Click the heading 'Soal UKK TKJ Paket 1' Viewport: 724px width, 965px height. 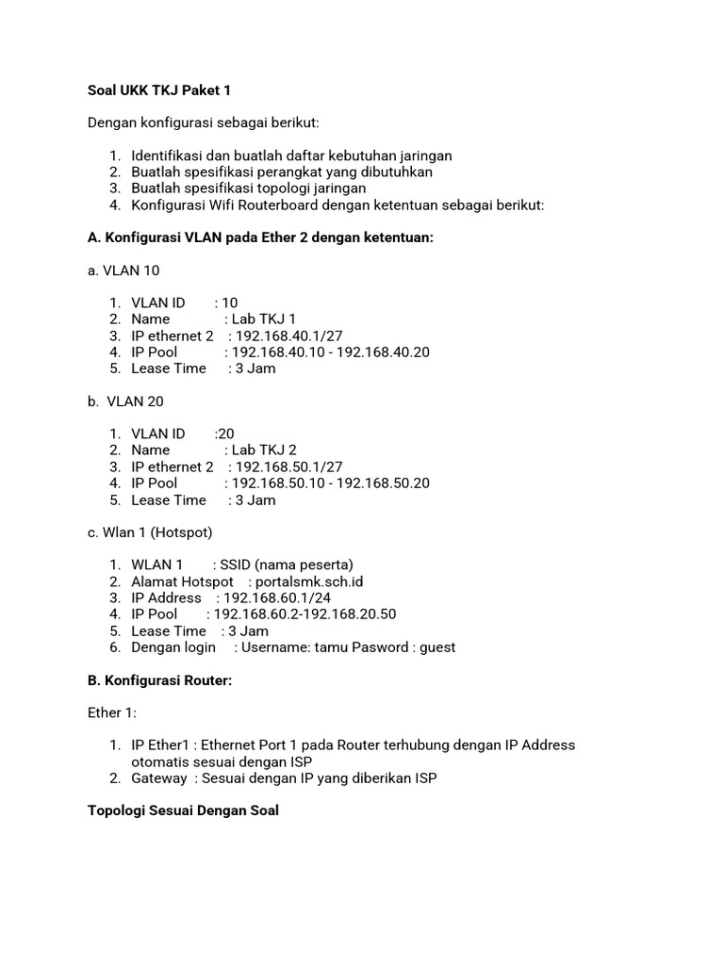158,90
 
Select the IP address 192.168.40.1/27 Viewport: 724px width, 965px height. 288,335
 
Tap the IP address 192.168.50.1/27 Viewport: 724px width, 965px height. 288,466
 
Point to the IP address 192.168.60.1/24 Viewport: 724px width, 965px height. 277,597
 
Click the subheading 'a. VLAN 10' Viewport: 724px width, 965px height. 123,270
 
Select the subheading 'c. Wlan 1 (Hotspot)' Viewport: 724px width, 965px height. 150,532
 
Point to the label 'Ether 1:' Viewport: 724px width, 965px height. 112,712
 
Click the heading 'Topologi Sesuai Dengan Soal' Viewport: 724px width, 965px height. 183,810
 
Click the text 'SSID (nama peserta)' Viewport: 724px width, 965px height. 287,565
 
